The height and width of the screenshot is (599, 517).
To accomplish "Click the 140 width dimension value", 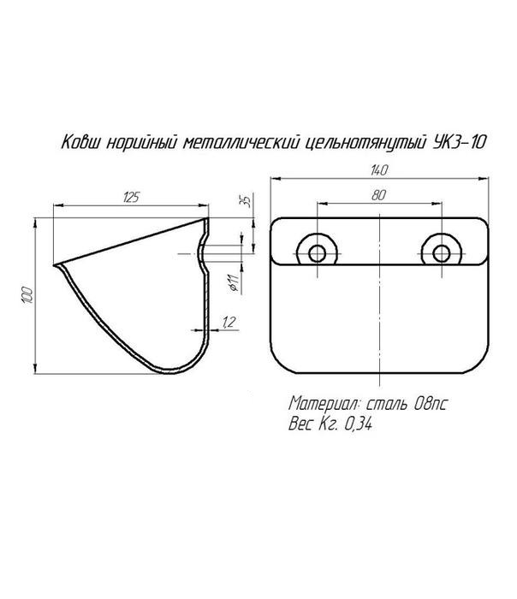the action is point(378,170).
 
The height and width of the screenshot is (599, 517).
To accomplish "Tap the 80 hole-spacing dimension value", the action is point(378,195).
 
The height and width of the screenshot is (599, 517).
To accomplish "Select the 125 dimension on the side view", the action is point(131,198).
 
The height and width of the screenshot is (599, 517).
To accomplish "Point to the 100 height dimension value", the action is point(28,295).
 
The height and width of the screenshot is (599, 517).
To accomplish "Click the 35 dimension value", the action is point(247,201).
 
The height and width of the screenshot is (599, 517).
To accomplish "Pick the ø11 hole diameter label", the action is point(235,283).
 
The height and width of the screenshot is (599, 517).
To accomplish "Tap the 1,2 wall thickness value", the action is point(229,323).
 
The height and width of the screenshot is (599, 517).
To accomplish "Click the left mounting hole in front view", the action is point(318,253).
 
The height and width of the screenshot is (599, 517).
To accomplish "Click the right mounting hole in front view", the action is point(442,253).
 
